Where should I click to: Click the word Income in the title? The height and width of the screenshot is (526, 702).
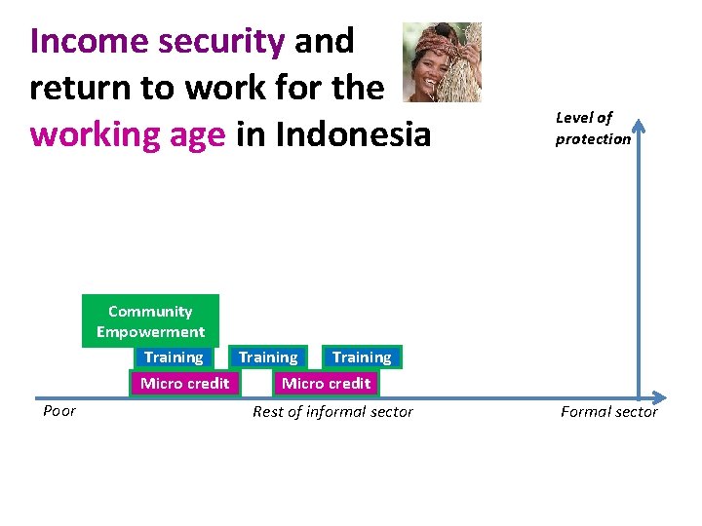tap(87, 41)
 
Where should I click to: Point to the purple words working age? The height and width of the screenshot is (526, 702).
tap(127, 133)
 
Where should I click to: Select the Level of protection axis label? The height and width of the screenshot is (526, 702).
tap(593, 128)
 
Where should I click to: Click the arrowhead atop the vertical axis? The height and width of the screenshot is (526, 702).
tap(640, 126)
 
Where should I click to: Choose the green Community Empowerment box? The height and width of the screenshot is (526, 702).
tap(150, 320)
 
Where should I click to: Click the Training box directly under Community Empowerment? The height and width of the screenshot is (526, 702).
tap(174, 357)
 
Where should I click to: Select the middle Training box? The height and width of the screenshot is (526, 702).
tap(268, 357)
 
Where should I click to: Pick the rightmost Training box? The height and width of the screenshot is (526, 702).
tap(361, 357)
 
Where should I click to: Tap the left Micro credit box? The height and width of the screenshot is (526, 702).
tap(184, 383)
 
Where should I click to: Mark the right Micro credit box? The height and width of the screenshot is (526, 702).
tap(326, 383)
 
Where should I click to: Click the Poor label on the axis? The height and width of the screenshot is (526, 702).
tap(59, 411)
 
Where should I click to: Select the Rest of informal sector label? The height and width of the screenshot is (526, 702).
tap(332, 412)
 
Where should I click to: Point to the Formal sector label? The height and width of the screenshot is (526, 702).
tap(608, 412)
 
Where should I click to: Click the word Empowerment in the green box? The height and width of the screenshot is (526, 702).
tap(150, 331)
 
